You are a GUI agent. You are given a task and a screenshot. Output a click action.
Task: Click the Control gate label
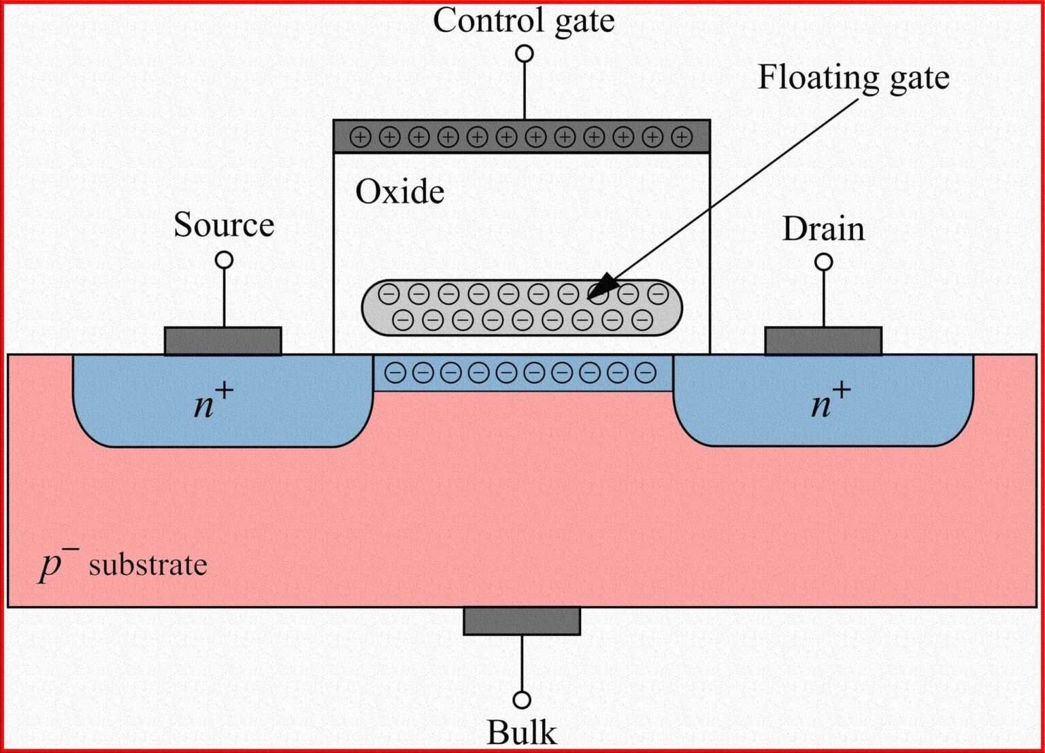point(523,20)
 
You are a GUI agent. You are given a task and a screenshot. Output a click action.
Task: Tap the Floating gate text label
point(853,78)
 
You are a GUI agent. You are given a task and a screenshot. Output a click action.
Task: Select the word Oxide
point(400,192)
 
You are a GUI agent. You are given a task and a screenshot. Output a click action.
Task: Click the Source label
point(224,225)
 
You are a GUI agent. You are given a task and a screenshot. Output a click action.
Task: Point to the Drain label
point(823,229)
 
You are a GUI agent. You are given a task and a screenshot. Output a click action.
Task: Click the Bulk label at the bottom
point(522,733)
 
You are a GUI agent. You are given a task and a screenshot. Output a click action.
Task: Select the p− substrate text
point(123,565)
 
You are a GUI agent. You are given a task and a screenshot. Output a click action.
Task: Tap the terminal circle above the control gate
point(524,54)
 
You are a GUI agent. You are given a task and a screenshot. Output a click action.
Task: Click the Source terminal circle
point(224,260)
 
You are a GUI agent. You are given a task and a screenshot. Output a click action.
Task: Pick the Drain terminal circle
point(823,262)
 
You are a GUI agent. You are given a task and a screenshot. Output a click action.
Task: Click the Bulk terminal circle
point(522,700)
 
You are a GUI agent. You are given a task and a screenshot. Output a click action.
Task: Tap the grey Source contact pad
point(223,341)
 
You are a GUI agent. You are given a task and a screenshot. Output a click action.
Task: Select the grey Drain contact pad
point(823,341)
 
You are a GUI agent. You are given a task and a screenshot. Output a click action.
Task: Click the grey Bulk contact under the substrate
point(522,621)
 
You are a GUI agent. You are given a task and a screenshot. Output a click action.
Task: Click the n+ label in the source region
point(213,403)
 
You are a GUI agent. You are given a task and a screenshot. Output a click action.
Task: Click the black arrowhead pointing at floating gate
point(601,287)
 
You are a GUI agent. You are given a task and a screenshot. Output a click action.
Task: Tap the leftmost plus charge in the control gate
point(360,137)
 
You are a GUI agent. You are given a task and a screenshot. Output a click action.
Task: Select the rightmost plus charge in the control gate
point(682,137)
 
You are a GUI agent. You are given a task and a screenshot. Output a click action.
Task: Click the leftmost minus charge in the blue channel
point(395,372)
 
